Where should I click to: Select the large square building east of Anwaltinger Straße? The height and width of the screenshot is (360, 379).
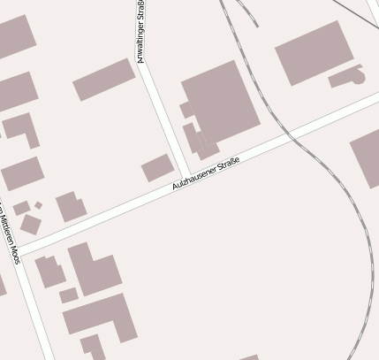click(221, 103)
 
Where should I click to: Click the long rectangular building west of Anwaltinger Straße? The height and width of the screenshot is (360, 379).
click(103, 80)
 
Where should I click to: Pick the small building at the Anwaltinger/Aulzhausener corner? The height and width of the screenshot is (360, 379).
click(157, 168)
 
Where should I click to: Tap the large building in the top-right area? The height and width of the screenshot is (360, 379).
click(314, 52)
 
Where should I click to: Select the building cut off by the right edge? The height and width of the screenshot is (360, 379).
click(367, 159)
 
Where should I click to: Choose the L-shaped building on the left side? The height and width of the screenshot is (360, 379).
click(21, 129)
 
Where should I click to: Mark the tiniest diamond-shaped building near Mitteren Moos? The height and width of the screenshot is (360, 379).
click(38, 205)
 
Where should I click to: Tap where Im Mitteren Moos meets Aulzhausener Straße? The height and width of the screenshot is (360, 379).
click(19, 251)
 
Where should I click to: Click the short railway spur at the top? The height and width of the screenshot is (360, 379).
click(247, 12)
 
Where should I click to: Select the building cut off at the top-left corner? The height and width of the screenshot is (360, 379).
click(13, 35)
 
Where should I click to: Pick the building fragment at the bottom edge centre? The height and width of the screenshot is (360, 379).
click(250, 357)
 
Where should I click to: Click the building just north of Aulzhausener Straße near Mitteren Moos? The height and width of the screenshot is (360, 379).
click(71, 207)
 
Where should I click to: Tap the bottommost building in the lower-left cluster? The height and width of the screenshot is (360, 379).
click(93, 346)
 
